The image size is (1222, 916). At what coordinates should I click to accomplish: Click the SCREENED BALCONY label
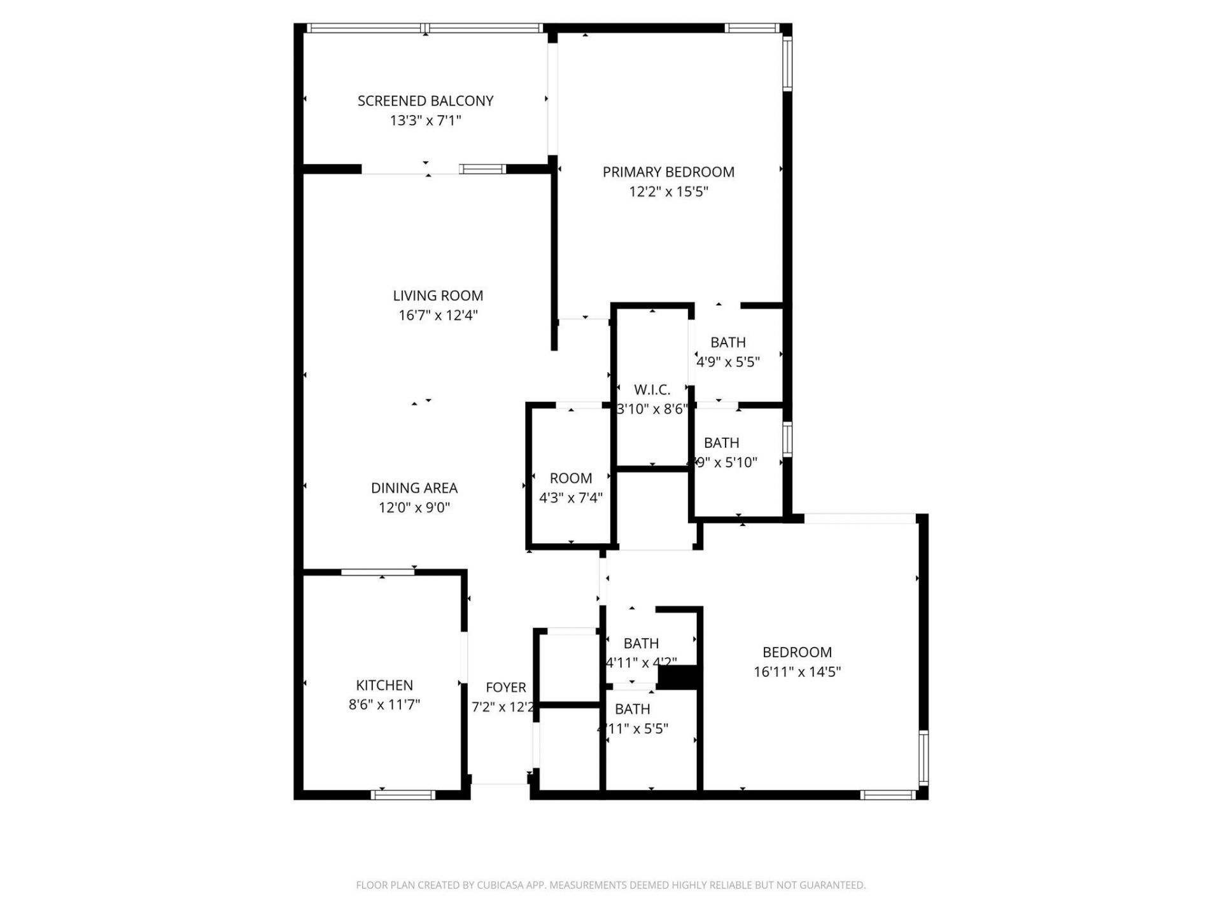click(x=425, y=101)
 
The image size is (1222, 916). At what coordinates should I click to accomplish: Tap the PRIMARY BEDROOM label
click(x=668, y=172)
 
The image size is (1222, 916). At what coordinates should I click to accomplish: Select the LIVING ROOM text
click(x=438, y=295)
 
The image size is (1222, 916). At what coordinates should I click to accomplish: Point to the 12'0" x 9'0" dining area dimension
click(x=414, y=508)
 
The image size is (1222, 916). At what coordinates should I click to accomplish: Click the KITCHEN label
click(x=384, y=685)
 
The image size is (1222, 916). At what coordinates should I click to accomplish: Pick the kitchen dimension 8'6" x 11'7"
click(x=384, y=705)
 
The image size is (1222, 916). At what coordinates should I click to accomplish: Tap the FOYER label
click(x=506, y=687)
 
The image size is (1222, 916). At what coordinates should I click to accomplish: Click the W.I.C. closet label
click(x=652, y=390)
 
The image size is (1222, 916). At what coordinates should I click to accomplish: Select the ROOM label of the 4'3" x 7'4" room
click(x=571, y=478)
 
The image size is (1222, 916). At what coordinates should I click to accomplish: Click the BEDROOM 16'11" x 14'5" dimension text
click(x=797, y=672)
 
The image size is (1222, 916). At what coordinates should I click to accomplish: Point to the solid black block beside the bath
click(x=678, y=677)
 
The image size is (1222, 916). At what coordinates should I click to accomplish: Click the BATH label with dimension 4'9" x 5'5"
click(x=728, y=342)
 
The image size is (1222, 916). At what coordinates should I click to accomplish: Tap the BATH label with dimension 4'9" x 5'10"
click(x=721, y=443)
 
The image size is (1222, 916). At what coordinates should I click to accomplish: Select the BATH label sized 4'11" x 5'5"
click(x=633, y=709)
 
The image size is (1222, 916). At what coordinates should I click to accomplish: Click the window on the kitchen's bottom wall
click(x=403, y=795)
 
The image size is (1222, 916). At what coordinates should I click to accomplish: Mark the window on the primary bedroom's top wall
click(x=752, y=28)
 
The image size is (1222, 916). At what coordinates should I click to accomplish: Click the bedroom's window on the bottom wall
click(x=888, y=795)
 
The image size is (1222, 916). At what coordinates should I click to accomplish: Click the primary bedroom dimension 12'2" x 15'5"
click(x=668, y=191)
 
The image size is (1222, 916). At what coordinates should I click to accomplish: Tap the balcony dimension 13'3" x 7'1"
click(x=425, y=120)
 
